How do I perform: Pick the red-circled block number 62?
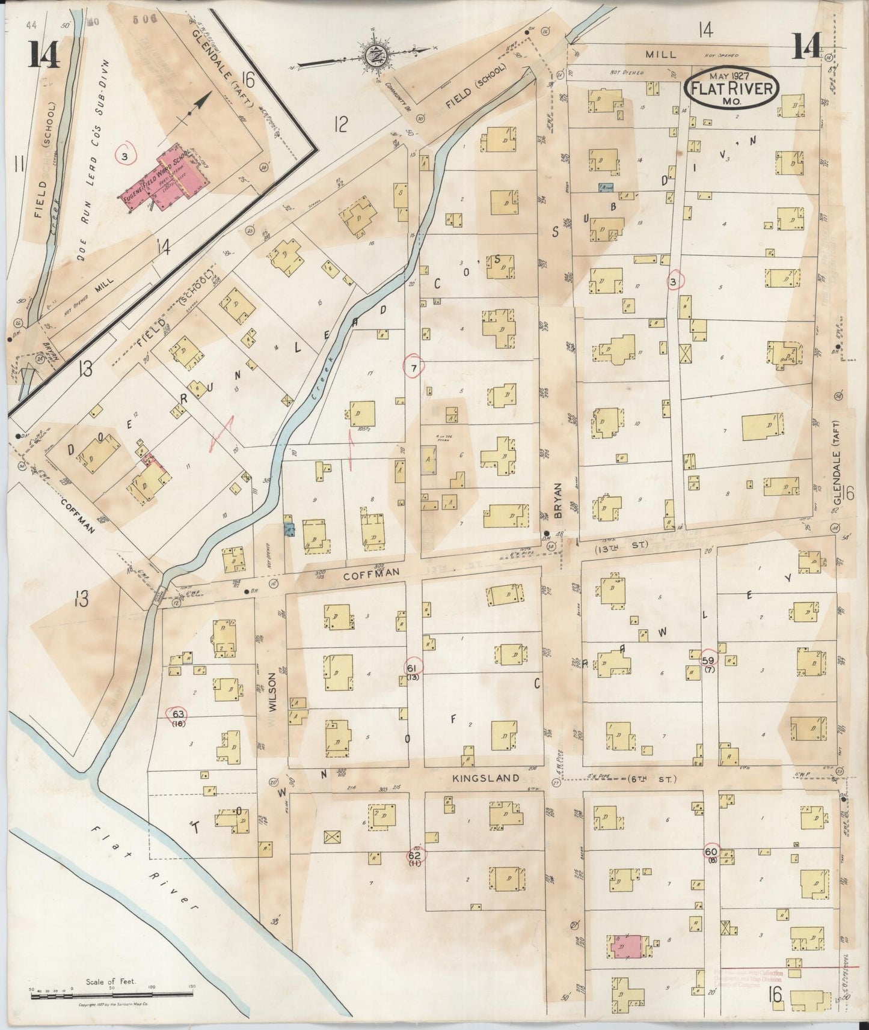(414, 855)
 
